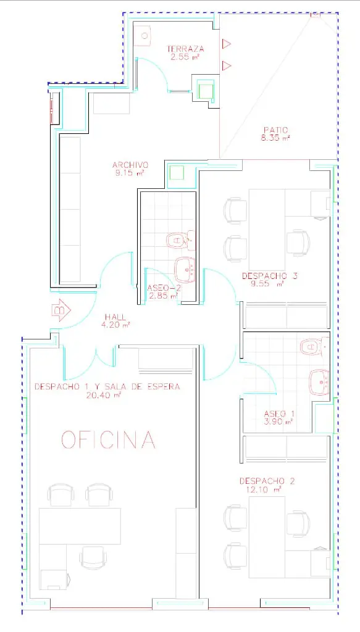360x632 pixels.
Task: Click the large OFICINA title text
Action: click(x=109, y=439)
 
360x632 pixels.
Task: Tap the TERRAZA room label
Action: click(x=185, y=49)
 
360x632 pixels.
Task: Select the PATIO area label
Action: click(x=276, y=130)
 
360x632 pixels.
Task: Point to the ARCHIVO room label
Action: click(x=131, y=165)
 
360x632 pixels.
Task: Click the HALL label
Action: click(x=115, y=317)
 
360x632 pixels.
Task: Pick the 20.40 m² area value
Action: click(x=104, y=396)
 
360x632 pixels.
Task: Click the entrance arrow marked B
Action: click(x=61, y=310)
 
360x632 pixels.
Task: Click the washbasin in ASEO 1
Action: click(x=319, y=383)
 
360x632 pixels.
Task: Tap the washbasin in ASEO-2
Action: click(x=185, y=270)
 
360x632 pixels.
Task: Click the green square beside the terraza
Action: click(x=205, y=89)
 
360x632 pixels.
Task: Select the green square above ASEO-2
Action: click(x=177, y=173)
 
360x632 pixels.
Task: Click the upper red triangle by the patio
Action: click(x=226, y=44)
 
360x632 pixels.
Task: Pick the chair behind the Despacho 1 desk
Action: click(x=93, y=557)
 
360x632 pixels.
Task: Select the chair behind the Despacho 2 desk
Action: click(x=298, y=524)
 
